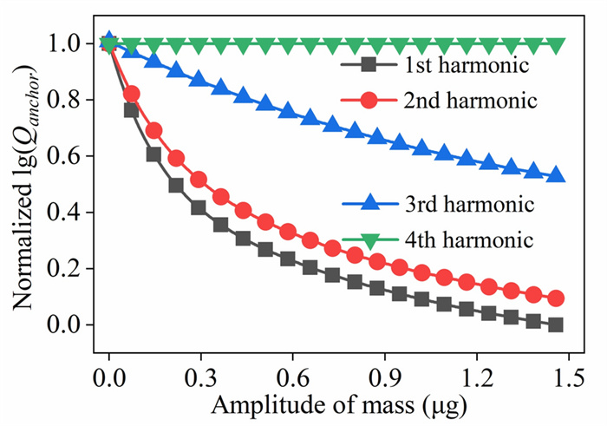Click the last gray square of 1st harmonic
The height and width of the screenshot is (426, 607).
[x=556, y=324]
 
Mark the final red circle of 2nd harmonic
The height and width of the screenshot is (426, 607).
[x=556, y=298]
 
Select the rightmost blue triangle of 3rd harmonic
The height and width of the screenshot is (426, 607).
[x=556, y=175]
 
